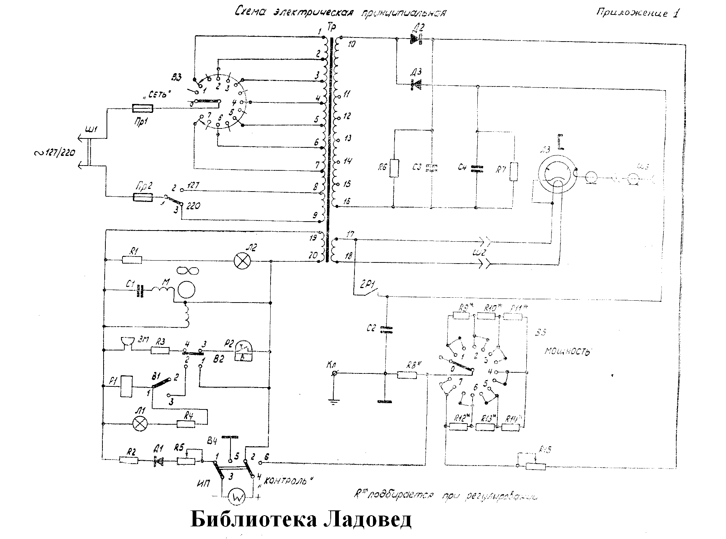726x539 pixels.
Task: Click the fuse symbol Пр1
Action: coord(143,108)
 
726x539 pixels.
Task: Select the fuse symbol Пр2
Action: coord(143,197)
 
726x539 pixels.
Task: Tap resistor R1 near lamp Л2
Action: coord(132,260)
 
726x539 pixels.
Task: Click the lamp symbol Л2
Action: coord(242,261)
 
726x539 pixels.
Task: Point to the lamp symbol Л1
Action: coord(140,424)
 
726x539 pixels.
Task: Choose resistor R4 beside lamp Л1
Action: coord(186,424)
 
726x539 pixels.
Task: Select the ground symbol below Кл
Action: coord(334,401)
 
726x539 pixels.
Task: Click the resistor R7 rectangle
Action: coord(514,171)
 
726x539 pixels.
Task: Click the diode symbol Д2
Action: coord(416,39)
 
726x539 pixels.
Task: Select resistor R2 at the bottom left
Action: coord(129,460)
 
